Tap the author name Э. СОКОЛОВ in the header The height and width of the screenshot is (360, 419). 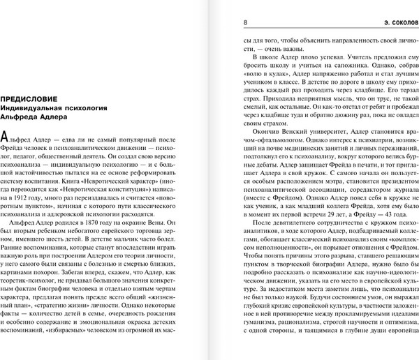tap(393, 22)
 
